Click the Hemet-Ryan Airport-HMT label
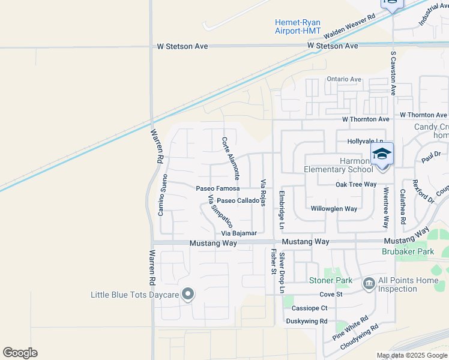(x=298, y=26)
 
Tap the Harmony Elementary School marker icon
(x=382, y=154)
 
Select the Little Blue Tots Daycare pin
(x=188, y=294)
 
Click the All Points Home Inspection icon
(x=369, y=283)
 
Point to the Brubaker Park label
(x=408, y=252)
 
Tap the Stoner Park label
(x=331, y=281)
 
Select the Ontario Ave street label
(x=344, y=79)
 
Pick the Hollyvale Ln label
(x=365, y=142)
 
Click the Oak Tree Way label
(x=356, y=185)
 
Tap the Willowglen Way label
(x=334, y=209)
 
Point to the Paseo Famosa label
(x=218, y=188)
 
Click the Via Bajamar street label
(x=239, y=233)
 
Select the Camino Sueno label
(x=161, y=194)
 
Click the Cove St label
(x=331, y=295)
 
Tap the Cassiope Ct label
(x=310, y=308)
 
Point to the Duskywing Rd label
(x=307, y=321)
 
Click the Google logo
(x=20, y=353)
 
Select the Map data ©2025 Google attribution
(x=412, y=356)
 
